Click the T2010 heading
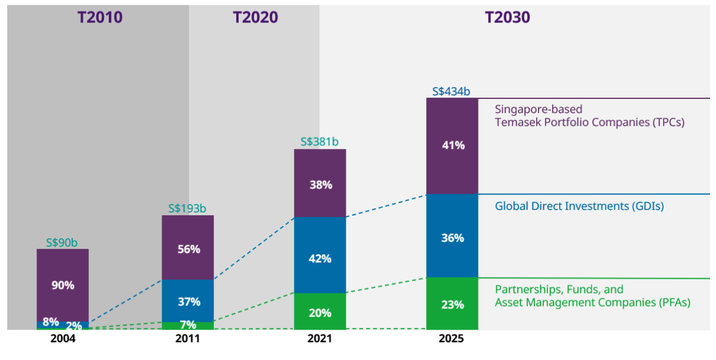pyautogui.click(x=100, y=17)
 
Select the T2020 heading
pyautogui.click(x=255, y=17)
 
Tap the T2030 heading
pyautogui.click(x=507, y=17)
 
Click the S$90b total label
pyautogui.click(x=62, y=242)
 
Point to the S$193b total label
pyautogui.click(x=188, y=208)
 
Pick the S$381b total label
pyautogui.click(x=320, y=142)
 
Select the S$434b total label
pyautogui.click(x=451, y=91)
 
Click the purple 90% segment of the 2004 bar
pyautogui.click(x=62, y=285)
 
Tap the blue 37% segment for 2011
pyautogui.click(x=188, y=301)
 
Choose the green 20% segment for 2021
pyautogui.click(x=320, y=312)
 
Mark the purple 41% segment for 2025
pyautogui.click(x=452, y=145)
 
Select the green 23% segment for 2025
pyautogui.click(x=452, y=304)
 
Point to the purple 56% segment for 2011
pyautogui.click(x=188, y=248)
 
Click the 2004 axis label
pyautogui.click(x=62, y=339)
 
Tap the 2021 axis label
pyautogui.click(x=320, y=339)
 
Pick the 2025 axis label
pyautogui.click(x=451, y=339)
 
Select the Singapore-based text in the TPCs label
pyautogui.click(x=538, y=109)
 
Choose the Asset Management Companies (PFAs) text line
pyautogui.click(x=592, y=302)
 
